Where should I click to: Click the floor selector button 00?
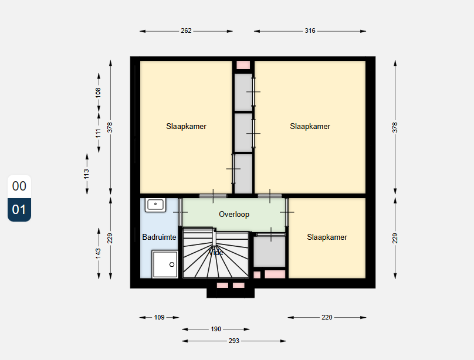19,186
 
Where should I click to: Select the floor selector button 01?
19,210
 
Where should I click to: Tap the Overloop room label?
234,215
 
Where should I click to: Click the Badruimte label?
159,237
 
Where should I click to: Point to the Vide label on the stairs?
216,253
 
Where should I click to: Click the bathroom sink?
155,204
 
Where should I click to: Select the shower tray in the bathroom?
165,264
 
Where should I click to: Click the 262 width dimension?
186,30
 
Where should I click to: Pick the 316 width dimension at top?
310,30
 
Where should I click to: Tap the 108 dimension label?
99,92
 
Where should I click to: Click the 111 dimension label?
99,133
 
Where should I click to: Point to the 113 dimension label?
86,174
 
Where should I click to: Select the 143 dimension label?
99,253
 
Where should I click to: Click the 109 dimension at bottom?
159,317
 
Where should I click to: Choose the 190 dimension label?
216,329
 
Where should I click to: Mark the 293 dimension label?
233,341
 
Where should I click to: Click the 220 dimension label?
327,317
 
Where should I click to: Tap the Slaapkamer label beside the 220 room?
327,237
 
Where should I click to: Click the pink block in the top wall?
243,64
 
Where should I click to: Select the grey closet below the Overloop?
269,253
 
